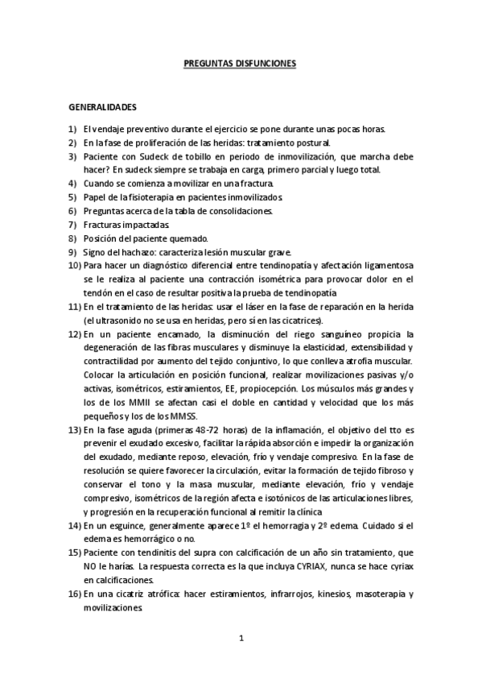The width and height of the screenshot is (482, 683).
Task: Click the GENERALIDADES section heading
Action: [x=102, y=106]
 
